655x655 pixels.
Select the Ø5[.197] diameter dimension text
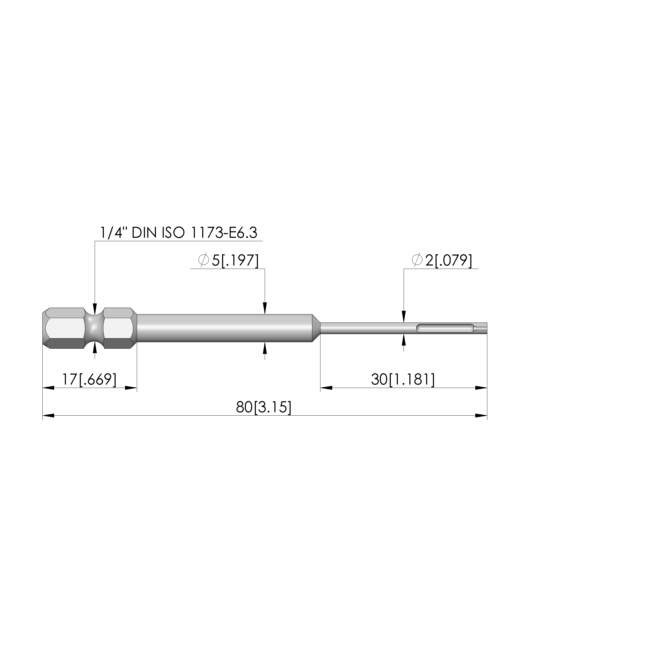tap(228, 260)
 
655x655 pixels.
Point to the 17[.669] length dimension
tap(89, 379)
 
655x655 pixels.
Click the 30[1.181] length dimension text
tap(403, 379)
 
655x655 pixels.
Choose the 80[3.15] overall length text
tap(264, 407)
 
